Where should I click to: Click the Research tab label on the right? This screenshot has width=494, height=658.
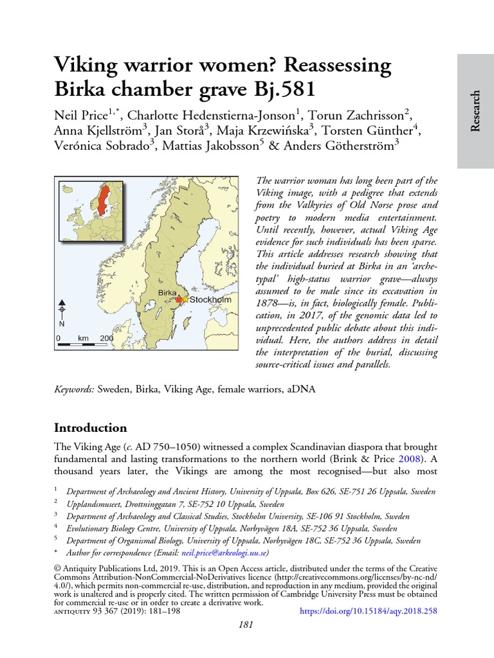[x=475, y=111]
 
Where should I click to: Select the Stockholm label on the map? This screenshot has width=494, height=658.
[x=210, y=299]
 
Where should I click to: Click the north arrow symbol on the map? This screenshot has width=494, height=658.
[x=62, y=309]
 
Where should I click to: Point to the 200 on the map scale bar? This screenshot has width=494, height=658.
[x=106, y=337]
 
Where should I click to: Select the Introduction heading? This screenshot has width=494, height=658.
[x=90, y=428]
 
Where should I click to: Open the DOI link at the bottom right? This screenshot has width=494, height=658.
[x=369, y=612]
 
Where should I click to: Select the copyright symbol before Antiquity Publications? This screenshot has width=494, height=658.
[x=57, y=569]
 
